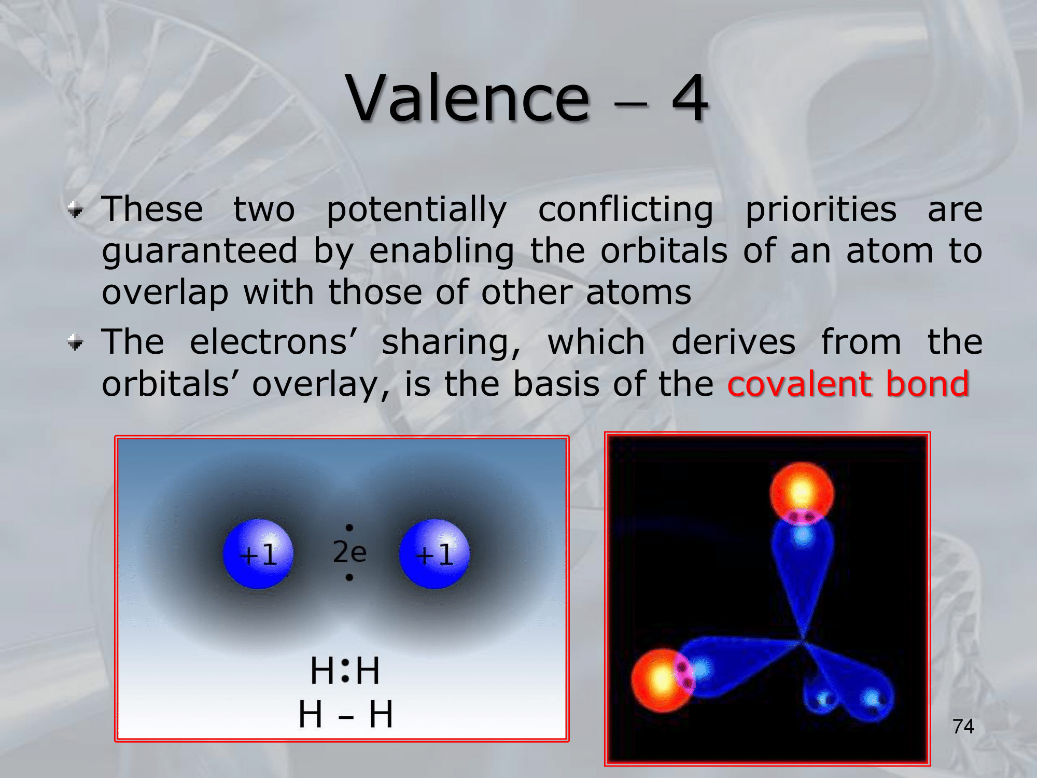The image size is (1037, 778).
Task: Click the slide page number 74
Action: coord(963,726)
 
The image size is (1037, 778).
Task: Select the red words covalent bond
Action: coord(848,384)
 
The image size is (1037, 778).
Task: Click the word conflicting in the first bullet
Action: coord(626,210)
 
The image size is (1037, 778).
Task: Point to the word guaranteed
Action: coord(200,251)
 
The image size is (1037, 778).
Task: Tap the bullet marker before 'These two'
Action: coord(76,210)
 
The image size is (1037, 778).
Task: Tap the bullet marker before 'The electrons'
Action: coord(76,342)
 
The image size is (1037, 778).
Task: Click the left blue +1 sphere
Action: coord(258,554)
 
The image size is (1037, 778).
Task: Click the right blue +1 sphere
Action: coord(434,554)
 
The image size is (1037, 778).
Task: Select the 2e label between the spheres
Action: coord(349,552)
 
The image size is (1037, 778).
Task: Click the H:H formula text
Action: coord(345,670)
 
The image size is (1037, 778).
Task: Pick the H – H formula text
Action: coord(345,714)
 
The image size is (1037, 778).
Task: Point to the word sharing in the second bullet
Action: coord(451,342)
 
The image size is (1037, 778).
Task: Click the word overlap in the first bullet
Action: coord(165,293)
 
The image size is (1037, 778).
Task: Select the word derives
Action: coord(733,342)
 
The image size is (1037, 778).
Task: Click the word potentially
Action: coord(416,210)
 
